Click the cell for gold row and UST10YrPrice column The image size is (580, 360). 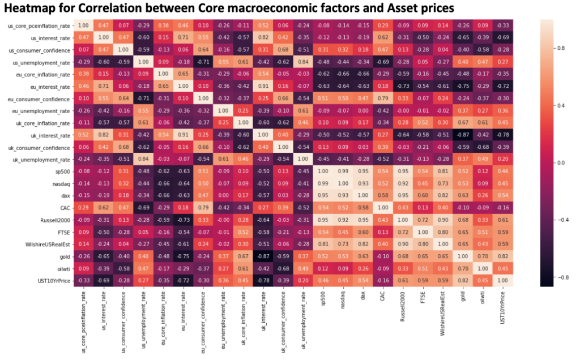501,255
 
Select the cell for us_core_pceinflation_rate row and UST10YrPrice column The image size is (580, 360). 501,25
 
